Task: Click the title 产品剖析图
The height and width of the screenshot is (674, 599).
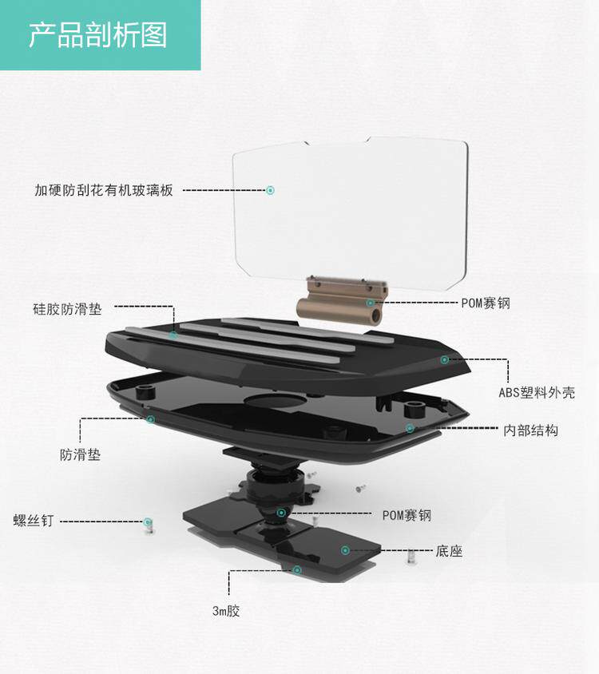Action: (98, 35)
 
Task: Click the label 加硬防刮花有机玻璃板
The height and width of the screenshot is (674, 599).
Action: (103, 190)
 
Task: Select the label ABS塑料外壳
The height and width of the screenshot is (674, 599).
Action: (536, 392)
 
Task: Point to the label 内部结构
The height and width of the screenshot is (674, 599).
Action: (530, 430)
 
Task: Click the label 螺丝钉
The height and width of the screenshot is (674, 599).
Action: (34, 521)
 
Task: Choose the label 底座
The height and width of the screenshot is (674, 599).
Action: (450, 551)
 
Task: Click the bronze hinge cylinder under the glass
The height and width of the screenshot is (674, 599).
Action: (339, 305)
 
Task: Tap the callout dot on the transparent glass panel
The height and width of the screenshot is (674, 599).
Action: (270, 190)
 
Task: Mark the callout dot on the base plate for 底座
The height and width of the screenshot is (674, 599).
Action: (345, 550)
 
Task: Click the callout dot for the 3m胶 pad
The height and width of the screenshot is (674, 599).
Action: (297, 569)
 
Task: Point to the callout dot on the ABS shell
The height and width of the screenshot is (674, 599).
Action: (445, 360)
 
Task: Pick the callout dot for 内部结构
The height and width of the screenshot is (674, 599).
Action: (410, 429)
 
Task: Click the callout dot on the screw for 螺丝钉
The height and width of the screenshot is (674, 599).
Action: (148, 522)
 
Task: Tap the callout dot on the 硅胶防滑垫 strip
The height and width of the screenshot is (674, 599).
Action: (173, 335)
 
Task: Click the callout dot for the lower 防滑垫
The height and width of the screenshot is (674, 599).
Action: (150, 418)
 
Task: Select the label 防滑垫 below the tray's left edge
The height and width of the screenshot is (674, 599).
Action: (81, 455)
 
